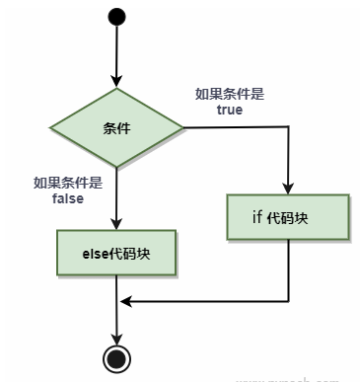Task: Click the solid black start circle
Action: tap(117, 17)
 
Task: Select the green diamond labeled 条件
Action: tap(117, 127)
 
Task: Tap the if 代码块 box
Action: tap(288, 217)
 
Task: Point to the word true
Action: tap(229, 111)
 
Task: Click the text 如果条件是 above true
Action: tap(229, 94)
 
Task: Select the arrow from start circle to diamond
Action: tap(117, 54)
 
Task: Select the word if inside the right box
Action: tap(258, 217)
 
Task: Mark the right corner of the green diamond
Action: tap(182, 127)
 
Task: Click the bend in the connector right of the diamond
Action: tap(288, 127)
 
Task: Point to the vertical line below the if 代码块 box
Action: tap(288, 271)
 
